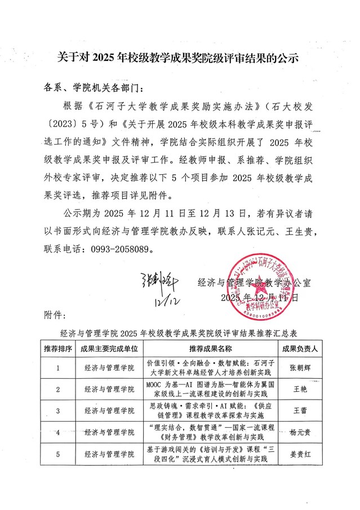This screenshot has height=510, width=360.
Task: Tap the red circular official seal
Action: click(x=272, y=289)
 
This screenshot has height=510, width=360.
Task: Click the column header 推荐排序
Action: click(x=57, y=349)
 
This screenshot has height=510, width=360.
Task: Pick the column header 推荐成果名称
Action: click(x=210, y=349)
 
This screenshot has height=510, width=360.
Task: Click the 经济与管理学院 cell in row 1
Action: click(x=109, y=367)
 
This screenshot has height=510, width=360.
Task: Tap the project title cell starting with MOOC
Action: click(x=210, y=389)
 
